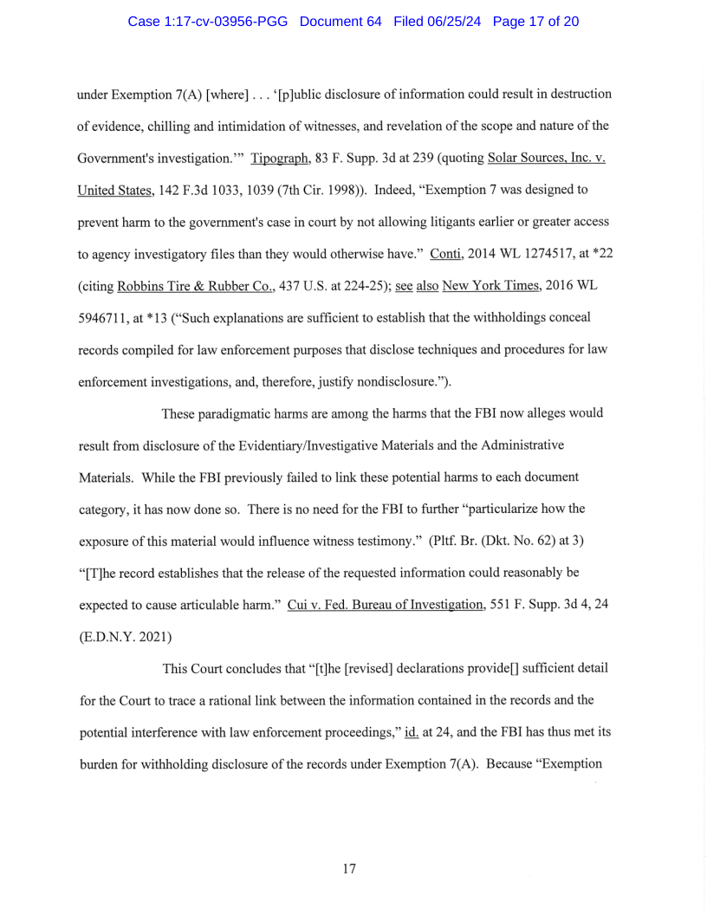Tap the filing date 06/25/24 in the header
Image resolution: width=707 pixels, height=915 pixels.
(x=458, y=21)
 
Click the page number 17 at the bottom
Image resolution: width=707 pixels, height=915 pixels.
(x=349, y=868)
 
